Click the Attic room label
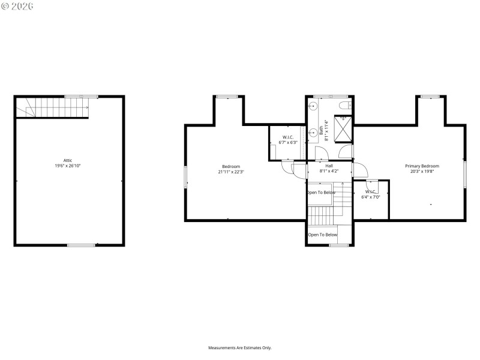(68, 160)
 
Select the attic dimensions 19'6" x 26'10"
(68, 165)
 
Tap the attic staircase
(52, 108)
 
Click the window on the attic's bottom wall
(80, 245)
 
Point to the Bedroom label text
(231, 166)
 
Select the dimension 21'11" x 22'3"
(231, 172)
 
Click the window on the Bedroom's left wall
(185, 177)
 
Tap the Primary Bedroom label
(422, 166)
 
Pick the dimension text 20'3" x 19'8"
(422, 172)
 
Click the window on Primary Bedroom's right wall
(465, 174)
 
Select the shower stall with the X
(343, 127)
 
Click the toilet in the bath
(343, 106)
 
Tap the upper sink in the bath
(313, 106)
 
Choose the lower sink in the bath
(313, 133)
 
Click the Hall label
(329, 166)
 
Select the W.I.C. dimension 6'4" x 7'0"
(370, 197)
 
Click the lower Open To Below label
(323, 235)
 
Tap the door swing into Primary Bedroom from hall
(359, 170)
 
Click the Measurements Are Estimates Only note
(240, 348)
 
